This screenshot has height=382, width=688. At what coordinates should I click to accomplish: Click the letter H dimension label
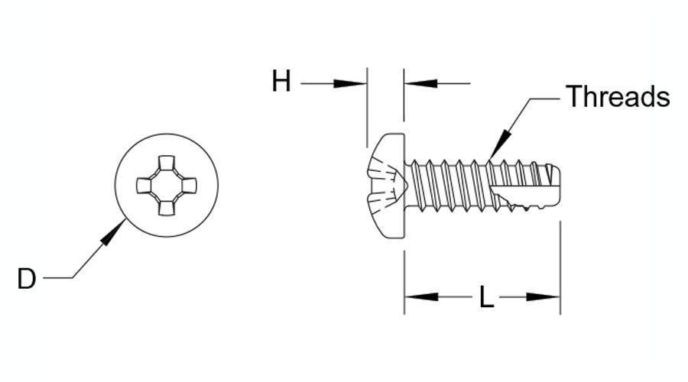click(281, 81)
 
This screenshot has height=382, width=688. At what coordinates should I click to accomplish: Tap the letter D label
click(26, 279)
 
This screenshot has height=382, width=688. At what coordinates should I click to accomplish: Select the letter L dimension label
click(486, 297)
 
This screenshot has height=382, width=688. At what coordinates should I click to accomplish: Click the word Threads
click(618, 96)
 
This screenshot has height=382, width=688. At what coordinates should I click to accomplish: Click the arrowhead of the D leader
click(113, 232)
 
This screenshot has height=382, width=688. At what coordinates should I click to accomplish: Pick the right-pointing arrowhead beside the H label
click(349, 83)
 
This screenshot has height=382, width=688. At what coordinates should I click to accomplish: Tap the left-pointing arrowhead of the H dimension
click(420, 83)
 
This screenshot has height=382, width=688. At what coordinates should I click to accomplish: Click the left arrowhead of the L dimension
click(421, 297)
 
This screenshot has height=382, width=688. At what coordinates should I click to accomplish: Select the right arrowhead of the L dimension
click(544, 297)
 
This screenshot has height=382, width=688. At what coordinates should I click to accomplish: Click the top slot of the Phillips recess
click(167, 163)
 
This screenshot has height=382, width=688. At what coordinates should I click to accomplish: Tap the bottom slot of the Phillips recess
click(167, 208)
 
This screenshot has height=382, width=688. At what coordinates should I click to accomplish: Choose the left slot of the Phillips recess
click(144, 185)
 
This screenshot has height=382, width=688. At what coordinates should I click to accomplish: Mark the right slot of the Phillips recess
click(189, 185)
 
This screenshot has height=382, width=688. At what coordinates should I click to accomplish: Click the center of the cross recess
click(167, 185)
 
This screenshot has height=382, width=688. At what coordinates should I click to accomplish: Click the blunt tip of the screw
click(558, 186)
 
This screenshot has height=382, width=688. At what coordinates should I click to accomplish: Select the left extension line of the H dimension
click(367, 108)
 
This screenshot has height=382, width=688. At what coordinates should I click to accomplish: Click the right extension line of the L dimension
click(560, 267)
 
